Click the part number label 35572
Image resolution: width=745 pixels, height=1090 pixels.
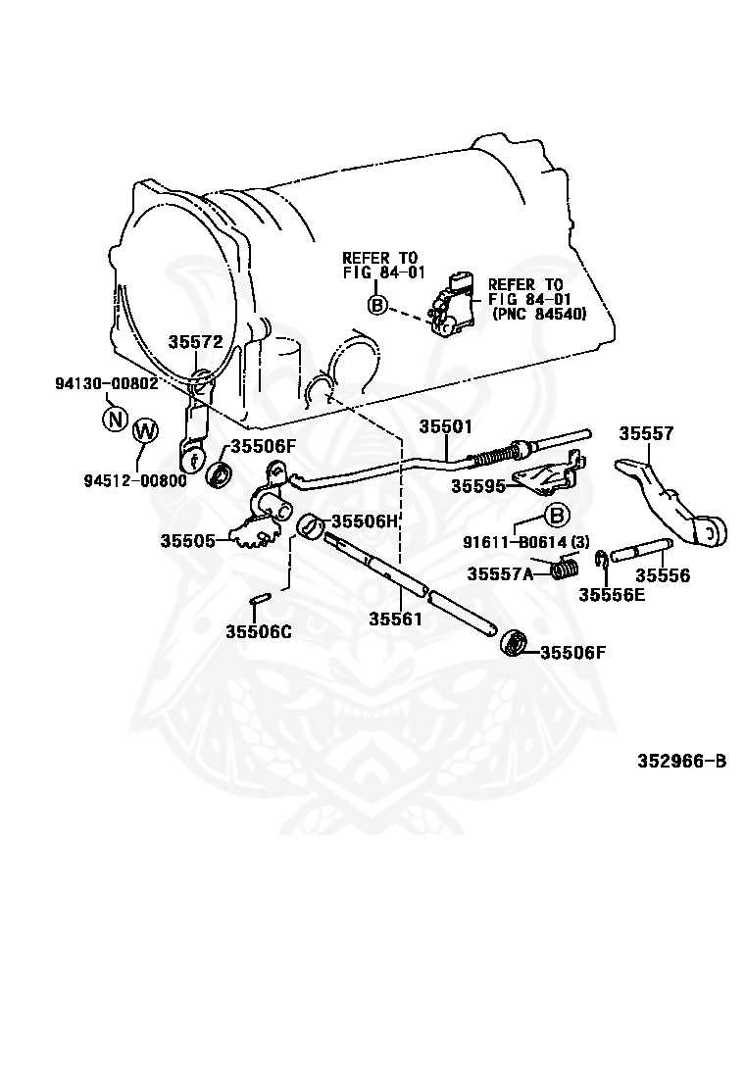click(x=195, y=341)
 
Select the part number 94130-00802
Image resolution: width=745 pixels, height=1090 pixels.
click(x=106, y=383)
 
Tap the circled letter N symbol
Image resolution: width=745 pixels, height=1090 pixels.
click(x=116, y=420)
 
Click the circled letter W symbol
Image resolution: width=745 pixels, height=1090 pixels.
click(x=145, y=430)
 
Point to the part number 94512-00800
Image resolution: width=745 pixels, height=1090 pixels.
click(x=135, y=479)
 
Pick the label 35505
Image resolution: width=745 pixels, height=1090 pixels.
click(x=187, y=540)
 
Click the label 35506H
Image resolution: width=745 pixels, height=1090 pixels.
click(x=364, y=520)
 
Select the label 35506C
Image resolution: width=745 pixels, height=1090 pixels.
click(x=259, y=631)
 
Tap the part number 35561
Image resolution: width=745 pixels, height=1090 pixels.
click(x=395, y=618)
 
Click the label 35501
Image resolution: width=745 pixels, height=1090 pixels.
click(x=445, y=426)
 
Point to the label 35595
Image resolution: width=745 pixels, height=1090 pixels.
click(x=478, y=486)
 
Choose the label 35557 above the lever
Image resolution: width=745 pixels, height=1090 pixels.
click(x=646, y=433)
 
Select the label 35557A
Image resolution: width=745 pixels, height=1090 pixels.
click(x=500, y=573)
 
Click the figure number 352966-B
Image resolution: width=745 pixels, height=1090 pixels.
click(x=682, y=762)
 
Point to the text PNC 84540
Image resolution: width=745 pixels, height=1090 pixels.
click(x=539, y=314)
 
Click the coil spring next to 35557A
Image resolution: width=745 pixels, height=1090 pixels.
click(x=565, y=567)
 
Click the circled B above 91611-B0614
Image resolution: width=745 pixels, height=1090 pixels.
click(x=556, y=516)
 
